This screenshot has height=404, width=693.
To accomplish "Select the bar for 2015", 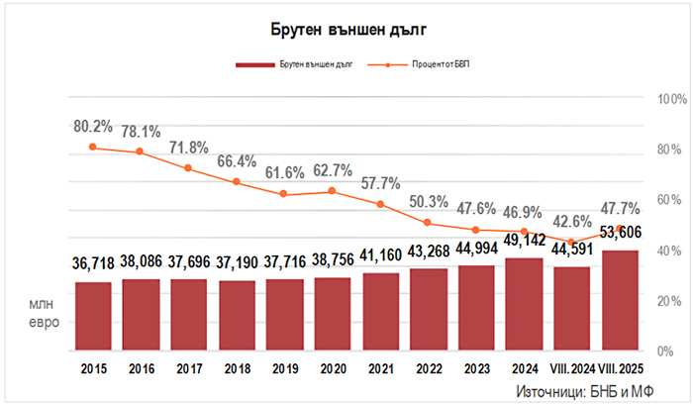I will click(93, 317).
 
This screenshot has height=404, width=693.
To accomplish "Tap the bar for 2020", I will click(334, 314).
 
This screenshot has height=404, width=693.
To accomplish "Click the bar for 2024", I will click(526, 305).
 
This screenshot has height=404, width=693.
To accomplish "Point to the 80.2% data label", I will click(93, 127).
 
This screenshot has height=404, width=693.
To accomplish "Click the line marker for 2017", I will click(189, 168).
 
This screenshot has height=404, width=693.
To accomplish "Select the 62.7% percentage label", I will click(334, 170).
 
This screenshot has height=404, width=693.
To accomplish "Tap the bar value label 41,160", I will click(382, 254).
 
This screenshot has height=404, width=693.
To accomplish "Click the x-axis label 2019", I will click(285, 369).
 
